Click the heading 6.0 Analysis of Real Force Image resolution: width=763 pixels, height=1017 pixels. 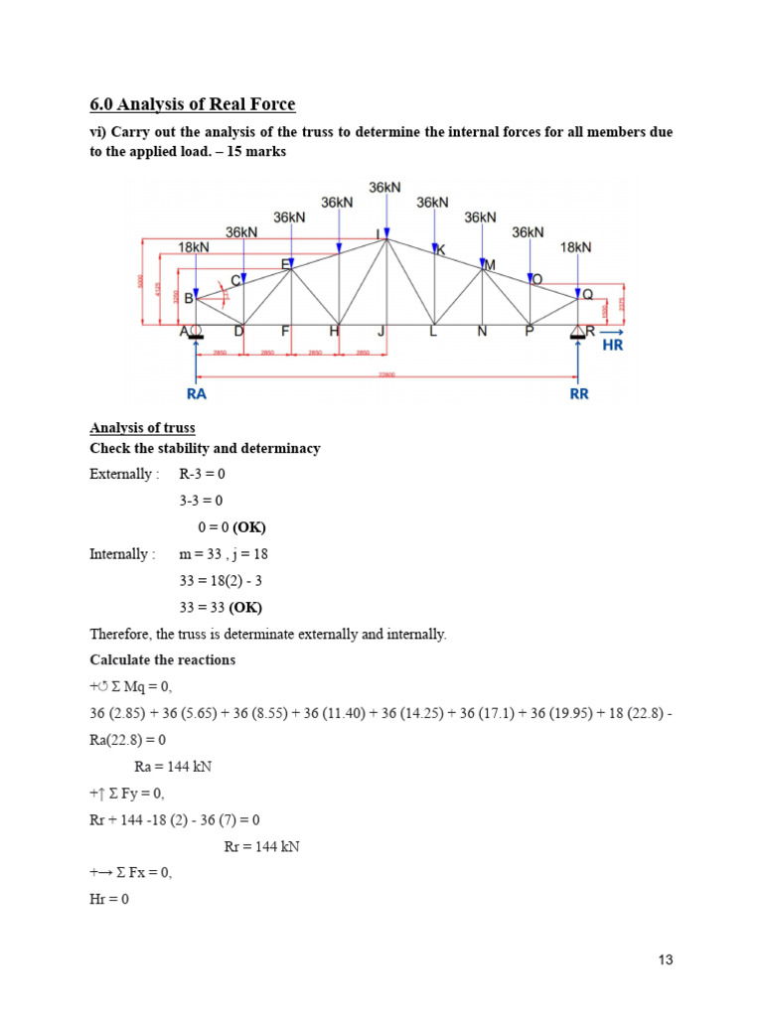pos(193,104)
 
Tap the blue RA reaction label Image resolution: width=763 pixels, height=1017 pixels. pos(198,393)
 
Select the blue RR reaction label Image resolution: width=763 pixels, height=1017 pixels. pos(579,393)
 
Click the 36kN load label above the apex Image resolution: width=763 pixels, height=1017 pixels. pos(385,187)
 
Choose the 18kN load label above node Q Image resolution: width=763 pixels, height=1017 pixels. pos(576,247)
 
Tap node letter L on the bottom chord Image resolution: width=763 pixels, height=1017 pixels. pos(433,332)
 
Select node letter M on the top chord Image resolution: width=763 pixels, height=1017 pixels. pos(488,265)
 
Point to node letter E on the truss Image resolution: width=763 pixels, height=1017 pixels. pos(286,264)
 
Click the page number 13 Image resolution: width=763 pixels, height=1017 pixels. pos(666,959)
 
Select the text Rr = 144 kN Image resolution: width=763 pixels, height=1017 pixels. pos(262,847)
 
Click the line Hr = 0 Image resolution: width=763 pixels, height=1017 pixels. pos(109,900)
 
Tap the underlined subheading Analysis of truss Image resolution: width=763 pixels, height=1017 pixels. pos(142,428)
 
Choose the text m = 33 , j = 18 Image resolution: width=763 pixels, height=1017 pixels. pos(224,554)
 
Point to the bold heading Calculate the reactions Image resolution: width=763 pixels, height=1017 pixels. pos(163,660)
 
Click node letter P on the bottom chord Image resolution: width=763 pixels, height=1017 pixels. pos(529,332)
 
